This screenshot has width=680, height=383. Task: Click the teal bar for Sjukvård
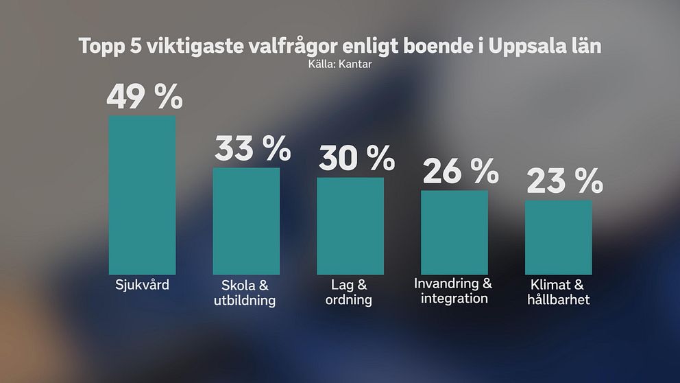(x=143, y=195)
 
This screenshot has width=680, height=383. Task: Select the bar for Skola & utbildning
(x=247, y=220)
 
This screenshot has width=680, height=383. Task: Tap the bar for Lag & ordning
(x=350, y=225)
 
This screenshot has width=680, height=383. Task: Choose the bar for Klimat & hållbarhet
(x=559, y=237)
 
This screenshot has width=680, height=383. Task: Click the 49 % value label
(x=145, y=97)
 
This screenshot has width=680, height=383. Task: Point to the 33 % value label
(x=253, y=148)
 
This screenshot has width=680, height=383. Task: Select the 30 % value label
(x=356, y=159)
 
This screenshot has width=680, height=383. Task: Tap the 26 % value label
(x=460, y=171)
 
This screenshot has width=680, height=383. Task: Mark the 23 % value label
(x=564, y=182)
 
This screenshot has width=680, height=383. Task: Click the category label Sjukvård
(x=143, y=284)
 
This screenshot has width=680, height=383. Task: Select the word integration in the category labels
(x=454, y=299)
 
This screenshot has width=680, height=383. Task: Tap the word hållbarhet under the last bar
(x=559, y=300)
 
